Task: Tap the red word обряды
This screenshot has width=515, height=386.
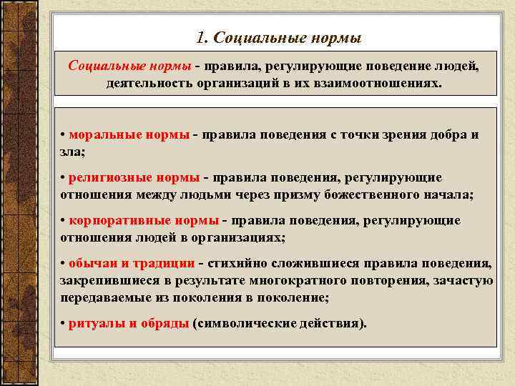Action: (164, 323)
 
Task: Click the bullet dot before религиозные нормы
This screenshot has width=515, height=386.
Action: (63, 177)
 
